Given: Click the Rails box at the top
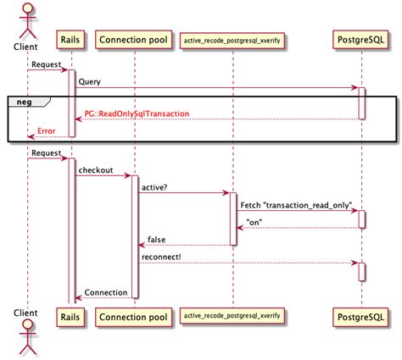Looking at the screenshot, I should tap(70, 40).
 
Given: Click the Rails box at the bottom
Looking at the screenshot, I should tap(70, 317).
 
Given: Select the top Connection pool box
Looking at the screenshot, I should tap(133, 40).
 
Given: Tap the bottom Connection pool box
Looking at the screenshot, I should tap(133, 317).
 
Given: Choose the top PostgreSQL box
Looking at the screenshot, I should tap(361, 40).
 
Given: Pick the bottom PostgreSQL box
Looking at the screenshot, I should tap(361, 317).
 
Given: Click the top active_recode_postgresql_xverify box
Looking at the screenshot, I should tap(231, 40).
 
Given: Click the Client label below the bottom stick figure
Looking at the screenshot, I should tap(26, 314).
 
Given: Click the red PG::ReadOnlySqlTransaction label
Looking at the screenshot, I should tap(136, 114).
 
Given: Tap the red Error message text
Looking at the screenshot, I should tap(47, 131).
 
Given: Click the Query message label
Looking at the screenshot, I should tap(90, 81).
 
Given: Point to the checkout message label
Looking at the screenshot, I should tap(97, 170).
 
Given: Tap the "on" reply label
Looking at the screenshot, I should tap(254, 223).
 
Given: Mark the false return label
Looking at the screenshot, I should tap(158, 240).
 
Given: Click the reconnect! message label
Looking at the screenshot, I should tap(162, 258).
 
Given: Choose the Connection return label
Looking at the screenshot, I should tap(106, 292).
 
